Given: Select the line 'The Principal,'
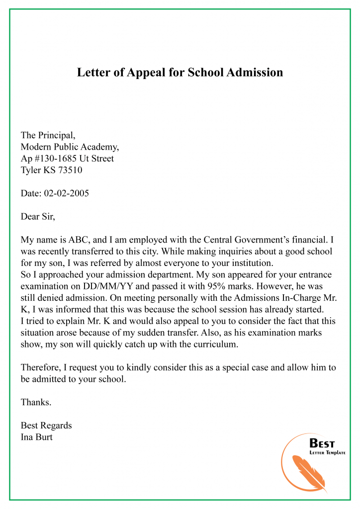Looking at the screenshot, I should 48,135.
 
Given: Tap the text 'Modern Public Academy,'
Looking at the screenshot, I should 70,147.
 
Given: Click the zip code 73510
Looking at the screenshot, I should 70,170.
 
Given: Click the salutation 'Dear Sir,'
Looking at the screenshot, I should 38,216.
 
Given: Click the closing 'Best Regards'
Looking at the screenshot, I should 46,425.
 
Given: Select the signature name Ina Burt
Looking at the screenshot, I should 36,437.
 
